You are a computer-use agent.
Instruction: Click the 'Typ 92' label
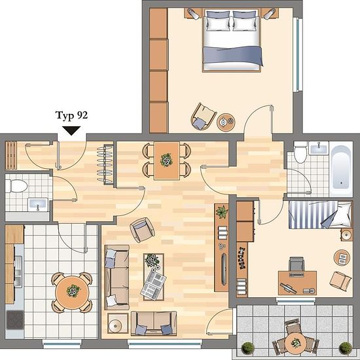[x=71, y=115]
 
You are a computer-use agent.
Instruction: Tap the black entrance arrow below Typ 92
[x=71, y=131]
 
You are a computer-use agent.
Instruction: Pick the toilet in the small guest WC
[x=16, y=186]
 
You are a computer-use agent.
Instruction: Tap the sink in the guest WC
[x=38, y=205]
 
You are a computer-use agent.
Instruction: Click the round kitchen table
[x=72, y=293]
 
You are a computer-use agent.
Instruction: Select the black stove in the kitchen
[x=15, y=319]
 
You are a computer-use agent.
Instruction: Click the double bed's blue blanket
[x=233, y=56]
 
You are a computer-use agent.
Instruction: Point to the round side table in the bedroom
[x=226, y=122]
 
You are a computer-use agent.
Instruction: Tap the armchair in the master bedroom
[x=203, y=117]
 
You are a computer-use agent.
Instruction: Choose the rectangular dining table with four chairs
[x=167, y=160]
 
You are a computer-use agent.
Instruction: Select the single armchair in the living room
[x=142, y=230]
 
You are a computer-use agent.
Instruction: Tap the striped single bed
[x=321, y=215]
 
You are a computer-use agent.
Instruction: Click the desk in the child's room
[x=298, y=283]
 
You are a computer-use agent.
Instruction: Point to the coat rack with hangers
[x=105, y=164]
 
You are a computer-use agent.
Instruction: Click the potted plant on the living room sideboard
[x=222, y=211]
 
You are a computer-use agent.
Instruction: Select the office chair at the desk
[x=297, y=264]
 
